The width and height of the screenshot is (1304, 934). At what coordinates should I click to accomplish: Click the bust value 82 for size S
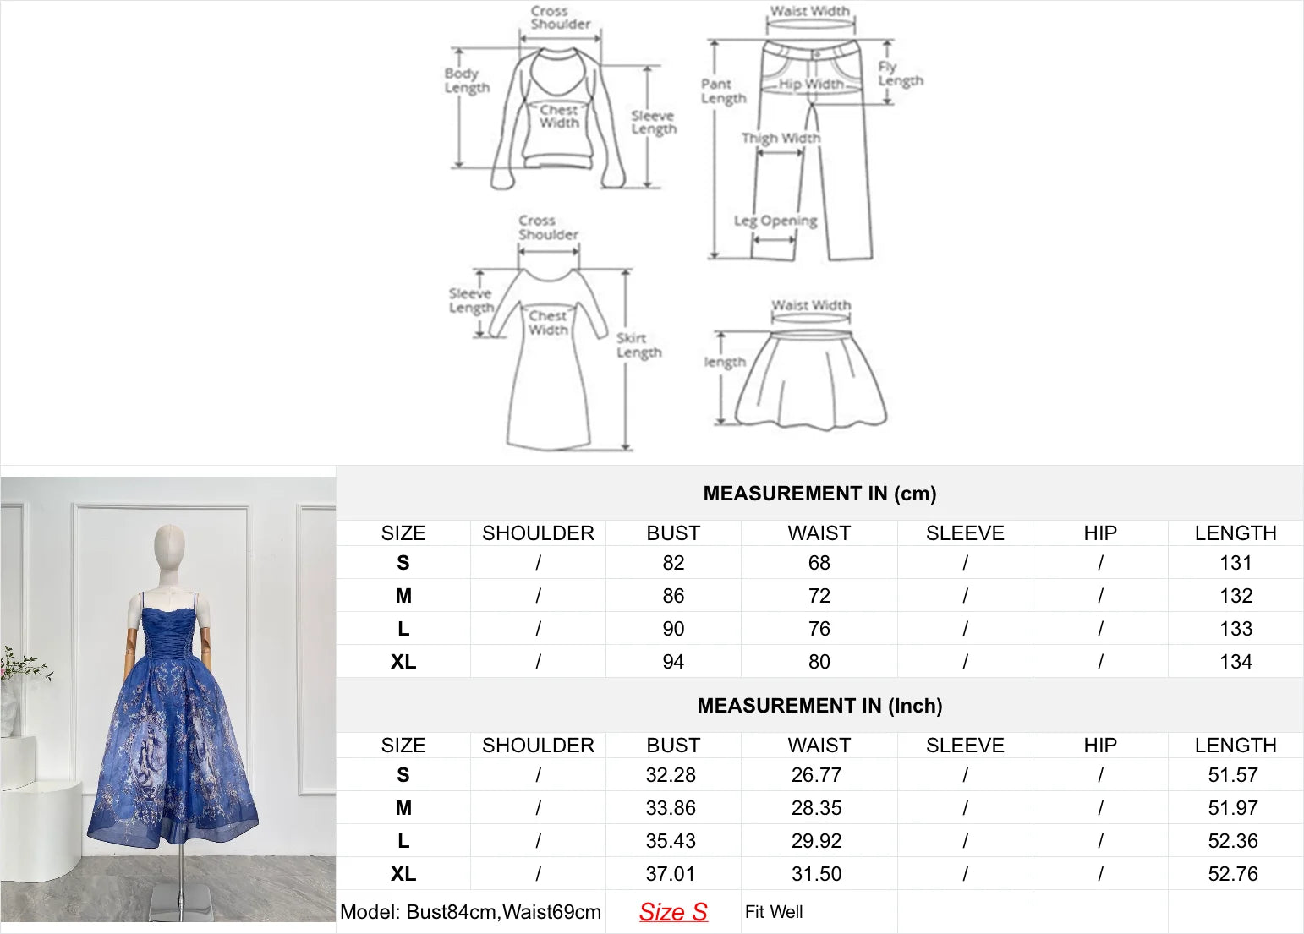[x=673, y=563]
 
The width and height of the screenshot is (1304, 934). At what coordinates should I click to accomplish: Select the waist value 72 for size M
[x=819, y=596]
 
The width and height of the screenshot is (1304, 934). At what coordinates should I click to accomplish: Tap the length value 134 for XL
[x=1236, y=662]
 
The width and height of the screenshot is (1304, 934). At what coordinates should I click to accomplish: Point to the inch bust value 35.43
[x=671, y=841]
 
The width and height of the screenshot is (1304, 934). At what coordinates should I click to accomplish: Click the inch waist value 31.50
[x=816, y=874]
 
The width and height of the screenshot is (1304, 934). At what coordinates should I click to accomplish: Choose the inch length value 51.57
[x=1233, y=775]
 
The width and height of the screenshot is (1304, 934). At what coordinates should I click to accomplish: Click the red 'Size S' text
[x=673, y=912]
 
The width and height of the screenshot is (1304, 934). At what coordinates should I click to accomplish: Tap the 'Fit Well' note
[x=774, y=912]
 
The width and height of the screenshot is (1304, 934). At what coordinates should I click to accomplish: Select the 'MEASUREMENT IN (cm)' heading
[x=819, y=494]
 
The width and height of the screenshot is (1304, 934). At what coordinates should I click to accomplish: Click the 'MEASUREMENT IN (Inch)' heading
[x=819, y=706]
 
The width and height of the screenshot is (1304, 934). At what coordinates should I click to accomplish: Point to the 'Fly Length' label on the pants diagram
[x=900, y=74]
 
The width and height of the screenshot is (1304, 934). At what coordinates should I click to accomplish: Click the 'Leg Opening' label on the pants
[x=775, y=221]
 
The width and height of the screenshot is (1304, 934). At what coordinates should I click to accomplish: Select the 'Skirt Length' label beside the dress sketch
[x=638, y=345]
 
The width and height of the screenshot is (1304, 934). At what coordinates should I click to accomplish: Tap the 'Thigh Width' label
[x=781, y=138]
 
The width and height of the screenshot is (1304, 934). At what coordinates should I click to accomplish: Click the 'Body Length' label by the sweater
[x=467, y=80]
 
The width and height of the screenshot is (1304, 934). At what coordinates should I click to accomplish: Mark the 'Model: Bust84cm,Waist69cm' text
[x=470, y=912]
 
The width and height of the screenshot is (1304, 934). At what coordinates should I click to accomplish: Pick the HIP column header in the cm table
[x=1100, y=533]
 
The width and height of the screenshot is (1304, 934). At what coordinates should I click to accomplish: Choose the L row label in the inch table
[x=403, y=841]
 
